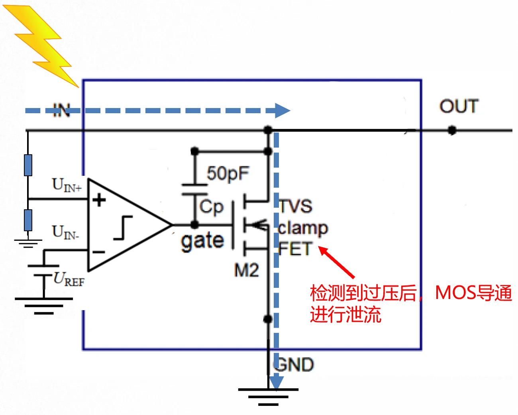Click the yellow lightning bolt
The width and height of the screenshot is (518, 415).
click(x=42, y=44)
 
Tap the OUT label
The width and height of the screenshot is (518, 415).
click(x=459, y=106)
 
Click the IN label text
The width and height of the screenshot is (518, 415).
click(x=62, y=110)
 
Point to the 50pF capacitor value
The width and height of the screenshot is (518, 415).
click(x=228, y=173)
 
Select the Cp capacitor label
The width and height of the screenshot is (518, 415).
click(x=212, y=207)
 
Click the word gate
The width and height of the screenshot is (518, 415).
click(x=202, y=241)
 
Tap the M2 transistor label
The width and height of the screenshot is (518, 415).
click(x=246, y=271)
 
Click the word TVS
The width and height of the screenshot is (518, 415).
click(x=296, y=207)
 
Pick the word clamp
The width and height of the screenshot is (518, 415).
click(x=303, y=228)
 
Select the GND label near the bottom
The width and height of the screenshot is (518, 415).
click(x=294, y=365)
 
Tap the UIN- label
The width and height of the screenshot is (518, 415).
click(x=65, y=232)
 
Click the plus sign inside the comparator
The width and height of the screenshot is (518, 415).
click(x=99, y=200)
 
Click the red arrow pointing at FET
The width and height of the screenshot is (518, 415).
click(x=337, y=262)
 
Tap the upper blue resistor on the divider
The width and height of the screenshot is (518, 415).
click(x=28, y=165)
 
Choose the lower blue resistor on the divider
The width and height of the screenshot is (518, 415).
click(x=28, y=220)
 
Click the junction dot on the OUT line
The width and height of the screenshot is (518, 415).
click(x=451, y=130)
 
